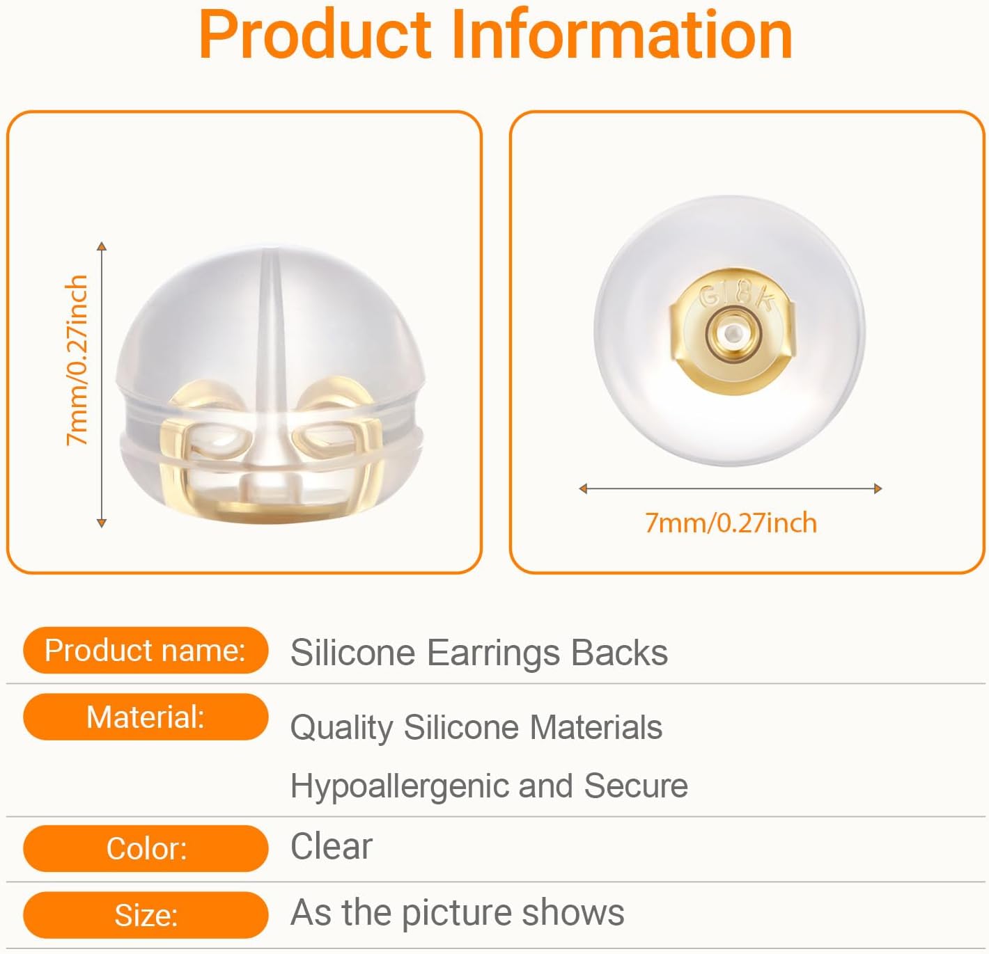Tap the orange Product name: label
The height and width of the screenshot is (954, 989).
tap(145, 651)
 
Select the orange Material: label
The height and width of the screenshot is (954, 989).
tap(145, 717)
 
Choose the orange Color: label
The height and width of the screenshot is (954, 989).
tap(145, 848)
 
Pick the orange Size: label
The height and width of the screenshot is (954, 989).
tap(145, 915)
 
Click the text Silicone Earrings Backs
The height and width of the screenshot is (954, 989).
tap(479, 653)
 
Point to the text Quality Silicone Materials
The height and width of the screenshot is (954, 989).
tap(476, 728)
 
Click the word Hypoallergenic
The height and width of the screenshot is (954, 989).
tap(398, 786)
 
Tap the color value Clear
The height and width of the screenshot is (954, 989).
tap(332, 847)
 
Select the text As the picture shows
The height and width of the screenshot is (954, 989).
tap(457, 912)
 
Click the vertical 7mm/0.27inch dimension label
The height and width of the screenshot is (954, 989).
tap(77, 360)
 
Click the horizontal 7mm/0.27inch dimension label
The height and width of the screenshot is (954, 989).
tap(731, 523)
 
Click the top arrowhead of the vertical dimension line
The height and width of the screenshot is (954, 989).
tap(102, 246)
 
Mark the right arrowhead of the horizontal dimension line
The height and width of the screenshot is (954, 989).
tap(878, 488)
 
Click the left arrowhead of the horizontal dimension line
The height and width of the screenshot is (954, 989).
tap(583, 488)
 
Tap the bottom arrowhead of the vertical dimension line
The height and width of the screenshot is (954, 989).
tap(102, 523)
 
